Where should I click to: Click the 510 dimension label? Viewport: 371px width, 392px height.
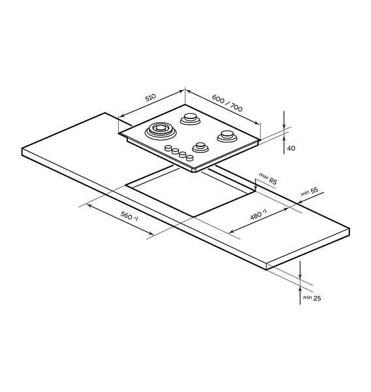click(x=150, y=97)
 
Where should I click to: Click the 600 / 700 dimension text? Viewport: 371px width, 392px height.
click(x=227, y=103)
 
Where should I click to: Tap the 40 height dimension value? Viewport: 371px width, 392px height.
click(x=291, y=148)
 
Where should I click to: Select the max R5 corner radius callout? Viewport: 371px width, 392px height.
click(x=268, y=178)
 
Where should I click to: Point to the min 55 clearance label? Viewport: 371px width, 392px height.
click(x=310, y=191)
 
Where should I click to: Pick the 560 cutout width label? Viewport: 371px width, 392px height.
click(x=129, y=216)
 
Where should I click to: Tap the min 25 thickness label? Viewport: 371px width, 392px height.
click(x=312, y=298)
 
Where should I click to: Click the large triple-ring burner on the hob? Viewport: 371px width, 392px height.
click(x=160, y=130)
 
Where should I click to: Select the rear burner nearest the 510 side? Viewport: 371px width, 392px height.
click(x=190, y=118)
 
